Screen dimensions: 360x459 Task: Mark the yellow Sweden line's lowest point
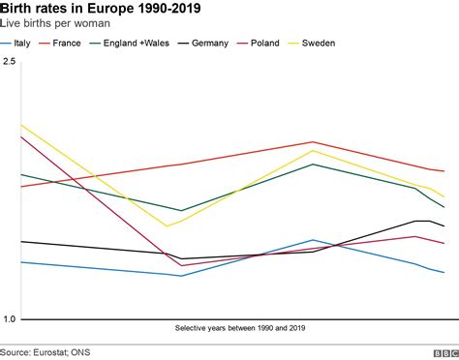coord(168,226)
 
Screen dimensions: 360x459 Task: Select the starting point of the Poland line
coord(21,135)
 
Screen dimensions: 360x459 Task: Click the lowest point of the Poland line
coord(181,265)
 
